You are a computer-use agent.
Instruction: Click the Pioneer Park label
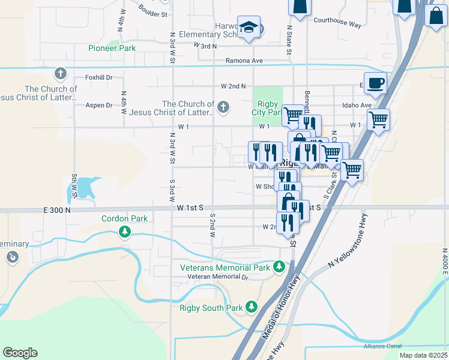click(x=112, y=48)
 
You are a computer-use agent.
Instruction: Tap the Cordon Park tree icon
click(x=125, y=232)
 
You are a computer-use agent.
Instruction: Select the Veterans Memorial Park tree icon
click(x=279, y=266)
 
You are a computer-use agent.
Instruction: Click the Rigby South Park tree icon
click(x=251, y=307)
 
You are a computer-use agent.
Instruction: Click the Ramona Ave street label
click(x=244, y=61)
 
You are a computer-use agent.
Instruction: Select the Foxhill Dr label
click(x=99, y=77)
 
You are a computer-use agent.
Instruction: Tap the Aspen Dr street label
click(x=99, y=106)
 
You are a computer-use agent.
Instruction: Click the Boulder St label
click(x=152, y=10)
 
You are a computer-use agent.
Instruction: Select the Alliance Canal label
click(x=382, y=346)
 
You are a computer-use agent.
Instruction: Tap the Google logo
click(x=20, y=353)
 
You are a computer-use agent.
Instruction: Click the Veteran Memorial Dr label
click(x=217, y=277)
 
